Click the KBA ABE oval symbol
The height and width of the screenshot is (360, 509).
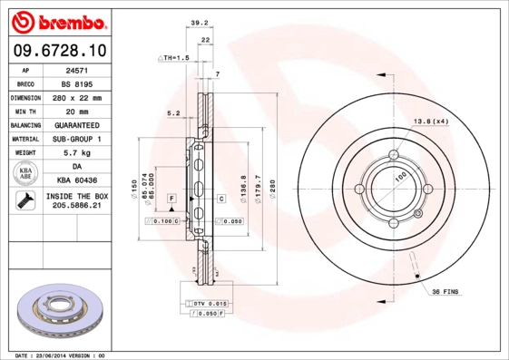point(25,174)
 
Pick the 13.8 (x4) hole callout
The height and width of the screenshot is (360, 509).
point(431,121)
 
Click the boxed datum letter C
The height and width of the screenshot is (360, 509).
point(220,198)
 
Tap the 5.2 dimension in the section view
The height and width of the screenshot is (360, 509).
point(174,113)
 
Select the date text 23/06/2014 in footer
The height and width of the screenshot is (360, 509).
point(61,355)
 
